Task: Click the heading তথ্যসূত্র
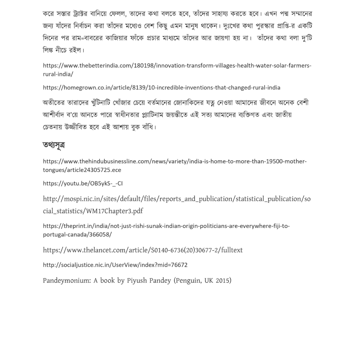pos(54,145)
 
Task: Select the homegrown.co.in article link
pos(162,88)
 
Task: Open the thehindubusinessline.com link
pos(175,162)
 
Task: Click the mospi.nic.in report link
pos(176,199)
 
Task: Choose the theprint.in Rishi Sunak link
pos(166,226)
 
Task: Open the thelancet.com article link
pos(143,250)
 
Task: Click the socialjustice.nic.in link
pos(115,265)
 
